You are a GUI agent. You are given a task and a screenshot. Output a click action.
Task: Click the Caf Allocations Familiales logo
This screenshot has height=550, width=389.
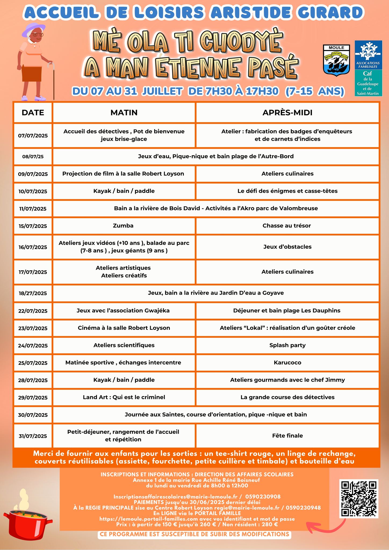point(368,68)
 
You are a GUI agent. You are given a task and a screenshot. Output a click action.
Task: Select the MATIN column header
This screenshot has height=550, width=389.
point(124,113)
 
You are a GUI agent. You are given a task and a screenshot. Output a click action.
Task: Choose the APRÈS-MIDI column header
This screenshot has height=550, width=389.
point(287,113)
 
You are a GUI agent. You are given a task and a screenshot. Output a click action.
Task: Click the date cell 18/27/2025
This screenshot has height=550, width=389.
point(33,293)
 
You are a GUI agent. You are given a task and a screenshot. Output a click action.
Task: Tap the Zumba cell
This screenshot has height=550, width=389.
point(123,226)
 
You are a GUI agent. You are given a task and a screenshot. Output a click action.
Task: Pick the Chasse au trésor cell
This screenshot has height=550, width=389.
point(287,226)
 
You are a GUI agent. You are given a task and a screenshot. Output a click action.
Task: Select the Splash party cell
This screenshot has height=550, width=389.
point(287,345)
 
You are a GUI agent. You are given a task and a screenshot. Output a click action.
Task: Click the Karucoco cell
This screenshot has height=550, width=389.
point(287,363)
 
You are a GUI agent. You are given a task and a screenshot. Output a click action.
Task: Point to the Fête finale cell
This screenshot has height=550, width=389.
point(287,436)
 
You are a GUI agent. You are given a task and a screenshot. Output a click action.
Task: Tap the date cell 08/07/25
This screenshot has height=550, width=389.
point(33,156)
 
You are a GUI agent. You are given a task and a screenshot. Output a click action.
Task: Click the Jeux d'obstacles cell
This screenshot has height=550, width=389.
point(287,247)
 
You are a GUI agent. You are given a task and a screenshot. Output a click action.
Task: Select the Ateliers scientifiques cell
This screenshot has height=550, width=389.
point(124,345)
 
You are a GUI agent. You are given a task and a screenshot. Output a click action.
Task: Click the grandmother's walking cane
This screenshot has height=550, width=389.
point(53,81)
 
